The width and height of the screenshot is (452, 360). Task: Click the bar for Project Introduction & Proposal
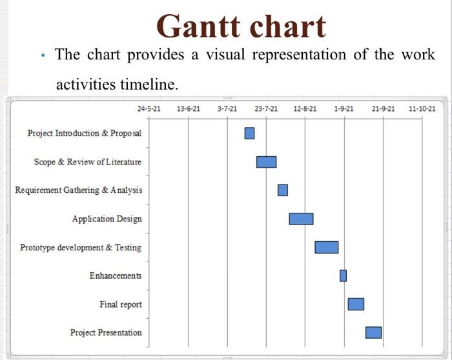tap(249, 133)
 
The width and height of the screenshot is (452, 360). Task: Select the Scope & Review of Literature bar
tap(266, 161)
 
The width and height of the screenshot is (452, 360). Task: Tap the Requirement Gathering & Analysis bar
tap(283, 190)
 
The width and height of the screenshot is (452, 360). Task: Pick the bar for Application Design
tap(301, 219)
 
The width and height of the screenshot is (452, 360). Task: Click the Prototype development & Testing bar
tap(326, 247)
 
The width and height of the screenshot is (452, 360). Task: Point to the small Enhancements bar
tap(343, 275)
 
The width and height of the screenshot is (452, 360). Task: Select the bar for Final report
tap(356, 304)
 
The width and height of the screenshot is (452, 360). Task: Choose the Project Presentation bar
tap(373, 332)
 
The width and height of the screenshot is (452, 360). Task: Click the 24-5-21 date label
tap(149, 109)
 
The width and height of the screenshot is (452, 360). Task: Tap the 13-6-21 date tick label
tap(188, 109)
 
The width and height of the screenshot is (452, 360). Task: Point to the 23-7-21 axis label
tap(266, 109)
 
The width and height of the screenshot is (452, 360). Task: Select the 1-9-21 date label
tap(344, 109)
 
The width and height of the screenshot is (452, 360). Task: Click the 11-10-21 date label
tap(422, 109)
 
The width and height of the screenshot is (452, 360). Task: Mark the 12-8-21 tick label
tap(305, 109)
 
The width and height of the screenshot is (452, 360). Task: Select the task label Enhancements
tap(116, 275)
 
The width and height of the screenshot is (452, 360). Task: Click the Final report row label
tap(121, 304)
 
